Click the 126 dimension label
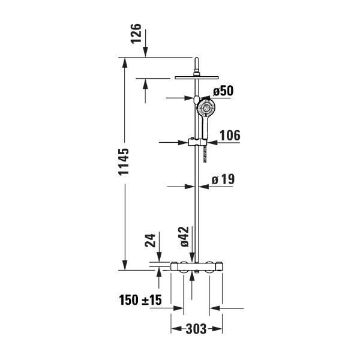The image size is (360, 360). tap(136, 33)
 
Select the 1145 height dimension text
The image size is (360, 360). tap(124, 162)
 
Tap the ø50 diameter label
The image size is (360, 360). tap(223, 91)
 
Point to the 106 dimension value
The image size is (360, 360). tap(230, 135)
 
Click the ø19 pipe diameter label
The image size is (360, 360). tap(223, 179)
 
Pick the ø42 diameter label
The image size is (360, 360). tap(184, 237)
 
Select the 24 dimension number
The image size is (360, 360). tap(150, 241)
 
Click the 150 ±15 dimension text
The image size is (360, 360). tap(140, 300)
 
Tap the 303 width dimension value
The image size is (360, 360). tap(196, 329)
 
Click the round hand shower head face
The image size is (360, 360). tap(206, 108)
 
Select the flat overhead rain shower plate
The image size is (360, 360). tap(197, 77)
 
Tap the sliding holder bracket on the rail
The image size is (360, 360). tap(197, 142)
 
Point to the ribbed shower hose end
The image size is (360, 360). tap(205, 155)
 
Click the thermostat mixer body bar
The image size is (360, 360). tap(197, 266)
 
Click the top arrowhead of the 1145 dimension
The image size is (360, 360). tap(125, 62)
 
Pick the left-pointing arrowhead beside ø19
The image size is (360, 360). tap(204, 187)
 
